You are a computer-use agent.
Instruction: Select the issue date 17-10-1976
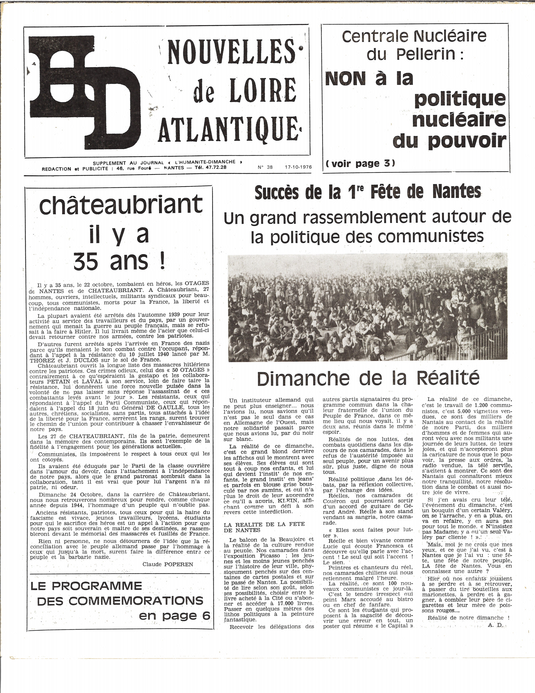click(298, 167)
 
